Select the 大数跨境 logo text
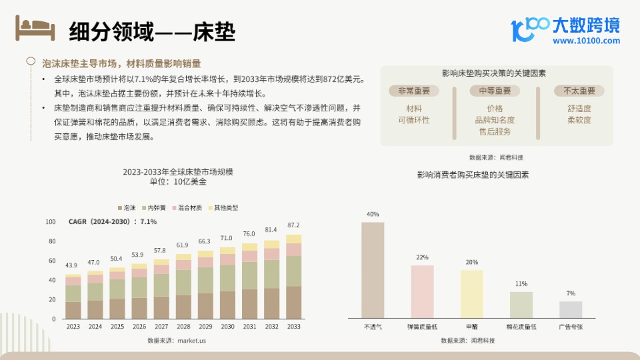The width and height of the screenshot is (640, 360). [586, 25]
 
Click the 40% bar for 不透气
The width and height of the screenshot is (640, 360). [373, 270]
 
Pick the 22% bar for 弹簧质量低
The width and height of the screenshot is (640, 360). [422, 291]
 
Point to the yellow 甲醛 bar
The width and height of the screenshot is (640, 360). [471, 294]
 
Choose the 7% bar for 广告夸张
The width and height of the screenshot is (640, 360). [570, 309]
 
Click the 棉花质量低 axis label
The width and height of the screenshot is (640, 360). [521, 327]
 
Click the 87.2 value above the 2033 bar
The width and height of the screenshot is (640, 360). [293, 225]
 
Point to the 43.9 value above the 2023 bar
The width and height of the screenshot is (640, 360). [71, 265]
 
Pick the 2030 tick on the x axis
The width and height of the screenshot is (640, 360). [227, 327]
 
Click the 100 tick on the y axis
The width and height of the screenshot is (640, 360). [51, 222]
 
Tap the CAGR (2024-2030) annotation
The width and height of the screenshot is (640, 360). [113, 221]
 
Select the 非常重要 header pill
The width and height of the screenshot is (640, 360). [414, 91]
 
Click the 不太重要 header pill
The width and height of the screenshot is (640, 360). [579, 91]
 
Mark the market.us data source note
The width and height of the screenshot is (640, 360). [177, 340]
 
